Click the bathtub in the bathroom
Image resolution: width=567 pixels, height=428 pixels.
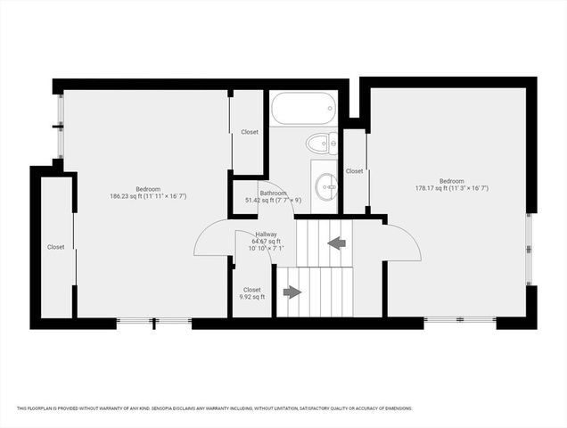[302, 109]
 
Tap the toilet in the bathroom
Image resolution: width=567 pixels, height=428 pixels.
[319, 143]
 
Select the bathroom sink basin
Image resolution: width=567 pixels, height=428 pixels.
[326, 185]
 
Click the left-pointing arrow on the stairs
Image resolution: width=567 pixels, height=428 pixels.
[336, 242]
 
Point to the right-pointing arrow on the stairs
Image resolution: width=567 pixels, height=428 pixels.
[292, 292]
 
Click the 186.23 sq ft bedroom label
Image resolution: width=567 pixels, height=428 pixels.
[148, 193]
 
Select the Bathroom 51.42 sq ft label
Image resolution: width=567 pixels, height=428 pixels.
[272, 197]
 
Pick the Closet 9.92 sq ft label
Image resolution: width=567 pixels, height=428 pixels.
[252, 293]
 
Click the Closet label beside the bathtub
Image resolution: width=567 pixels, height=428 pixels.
[250, 132]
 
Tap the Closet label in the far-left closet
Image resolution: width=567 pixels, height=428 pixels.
[56, 247]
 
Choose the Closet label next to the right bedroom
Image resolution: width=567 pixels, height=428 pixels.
[354, 171]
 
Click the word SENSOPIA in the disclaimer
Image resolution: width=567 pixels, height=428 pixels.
[160, 408]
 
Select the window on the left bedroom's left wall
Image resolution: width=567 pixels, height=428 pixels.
[60, 126]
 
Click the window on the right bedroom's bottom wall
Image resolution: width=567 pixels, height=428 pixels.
[459, 319]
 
